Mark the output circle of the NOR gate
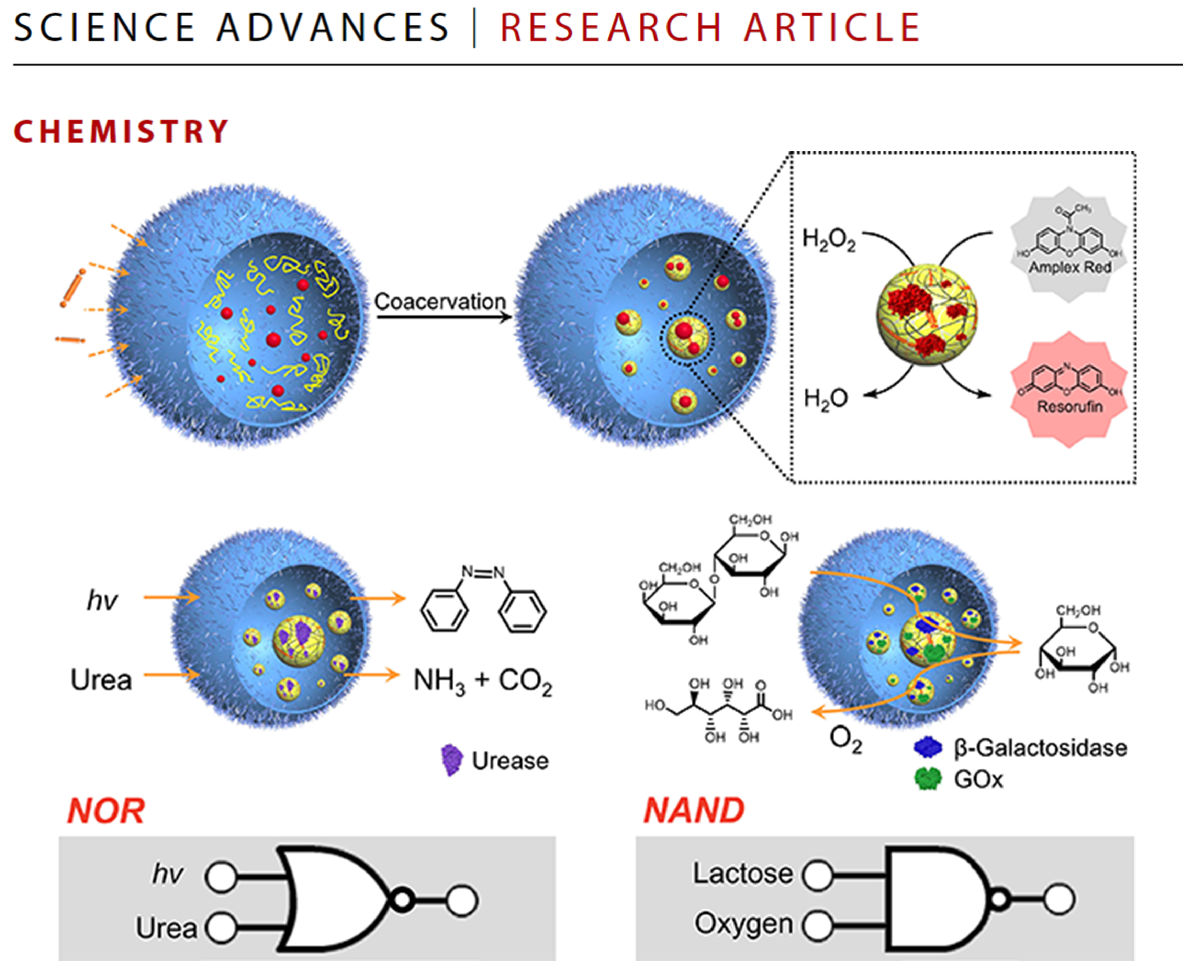(462, 901)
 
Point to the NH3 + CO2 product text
(482, 682)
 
